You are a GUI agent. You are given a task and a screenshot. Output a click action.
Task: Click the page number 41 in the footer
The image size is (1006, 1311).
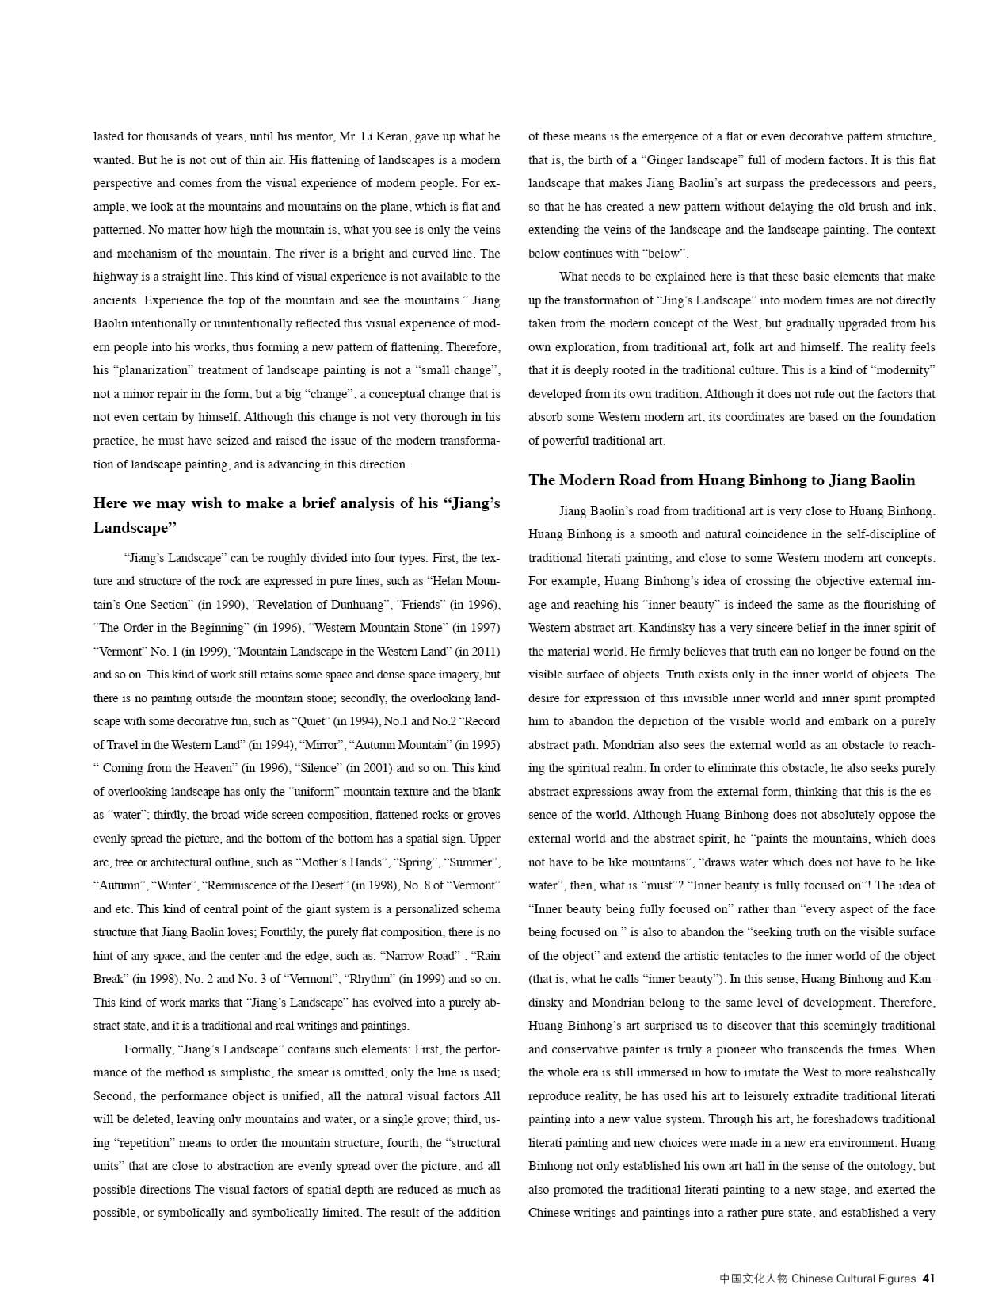pyautogui.click(x=928, y=1279)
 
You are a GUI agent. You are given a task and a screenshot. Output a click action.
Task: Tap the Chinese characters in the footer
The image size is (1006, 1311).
pyautogui.click(x=753, y=1279)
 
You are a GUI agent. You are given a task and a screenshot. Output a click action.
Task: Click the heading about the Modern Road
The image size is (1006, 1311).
pyautogui.click(x=722, y=480)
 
